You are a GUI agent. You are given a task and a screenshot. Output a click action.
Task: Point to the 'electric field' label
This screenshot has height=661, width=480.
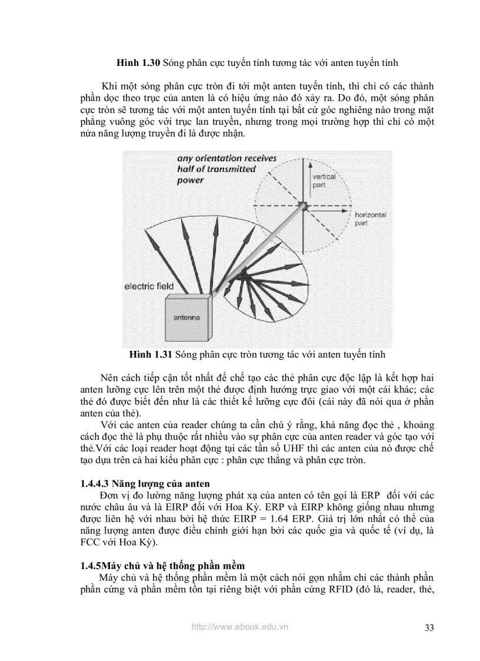click(149, 287)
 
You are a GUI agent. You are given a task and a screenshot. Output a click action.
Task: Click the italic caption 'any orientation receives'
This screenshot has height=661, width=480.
click(226, 158)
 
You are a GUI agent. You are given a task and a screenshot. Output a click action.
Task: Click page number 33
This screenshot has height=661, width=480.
click(429, 627)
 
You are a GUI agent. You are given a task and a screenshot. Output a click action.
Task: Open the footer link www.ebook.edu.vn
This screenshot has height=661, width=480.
click(239, 627)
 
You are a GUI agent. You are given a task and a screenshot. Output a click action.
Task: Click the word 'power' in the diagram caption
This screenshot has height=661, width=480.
click(190, 180)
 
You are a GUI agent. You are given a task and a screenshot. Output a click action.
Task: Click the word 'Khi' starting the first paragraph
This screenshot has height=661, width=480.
click(109, 85)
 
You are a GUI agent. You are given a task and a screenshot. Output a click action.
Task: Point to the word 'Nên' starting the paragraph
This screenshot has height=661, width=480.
click(109, 377)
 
